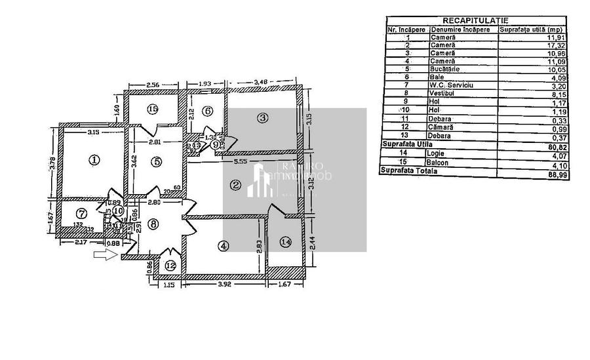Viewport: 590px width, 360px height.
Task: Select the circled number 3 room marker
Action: (262, 118)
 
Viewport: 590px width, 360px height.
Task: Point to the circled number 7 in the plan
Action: (81, 213)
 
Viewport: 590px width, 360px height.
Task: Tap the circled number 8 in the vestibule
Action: (153, 224)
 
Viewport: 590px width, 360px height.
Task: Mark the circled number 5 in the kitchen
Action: (156, 161)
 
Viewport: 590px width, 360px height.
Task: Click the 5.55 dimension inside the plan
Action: (241, 161)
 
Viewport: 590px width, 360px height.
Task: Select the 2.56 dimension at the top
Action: (153, 85)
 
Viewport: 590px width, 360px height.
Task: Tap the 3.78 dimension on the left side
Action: (52, 162)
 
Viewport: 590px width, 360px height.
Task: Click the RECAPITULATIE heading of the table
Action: (475, 21)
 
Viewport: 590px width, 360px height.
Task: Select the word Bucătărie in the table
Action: (445, 69)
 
